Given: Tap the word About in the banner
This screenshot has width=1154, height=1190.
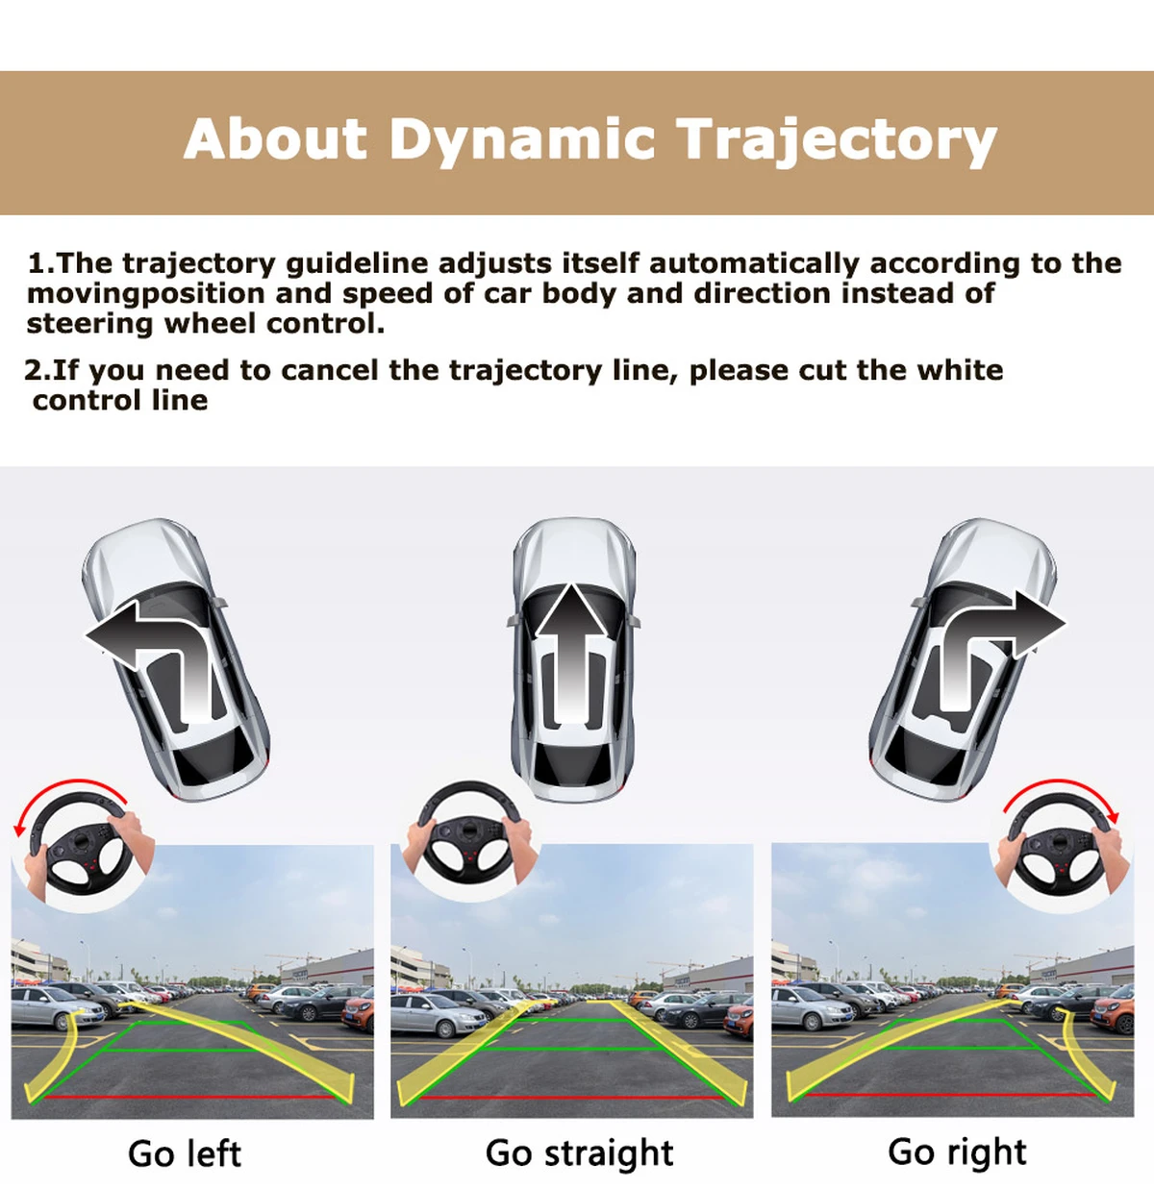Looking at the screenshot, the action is point(275,138).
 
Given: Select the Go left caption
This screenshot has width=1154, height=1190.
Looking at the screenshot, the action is point(185,1153).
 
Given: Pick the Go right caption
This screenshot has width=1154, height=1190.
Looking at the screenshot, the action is point(957,1153).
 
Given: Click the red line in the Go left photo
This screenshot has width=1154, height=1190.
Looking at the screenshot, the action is point(188,1097).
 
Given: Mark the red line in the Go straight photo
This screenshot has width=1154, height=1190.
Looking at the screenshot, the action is point(570,1098).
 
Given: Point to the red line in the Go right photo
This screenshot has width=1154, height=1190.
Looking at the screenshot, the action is point(949,1094).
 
